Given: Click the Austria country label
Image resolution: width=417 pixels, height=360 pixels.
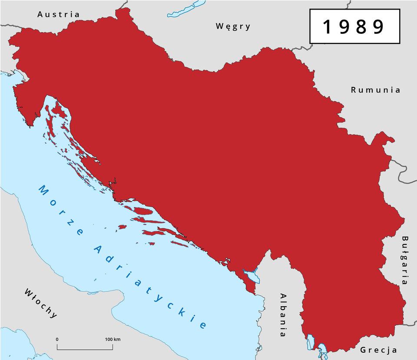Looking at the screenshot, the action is coord(58,14).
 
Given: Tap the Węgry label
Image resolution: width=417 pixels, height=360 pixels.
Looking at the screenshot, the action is coord(233,26).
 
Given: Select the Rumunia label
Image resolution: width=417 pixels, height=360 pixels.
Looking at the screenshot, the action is coord(376,90).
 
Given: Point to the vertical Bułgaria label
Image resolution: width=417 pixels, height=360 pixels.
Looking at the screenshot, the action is coord(405,260).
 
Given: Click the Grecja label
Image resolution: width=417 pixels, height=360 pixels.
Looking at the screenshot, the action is coord(379,350).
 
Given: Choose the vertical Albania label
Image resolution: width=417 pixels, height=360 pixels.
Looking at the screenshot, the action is coord(283,315).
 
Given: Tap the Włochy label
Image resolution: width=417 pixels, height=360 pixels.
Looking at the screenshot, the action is coord(40,303).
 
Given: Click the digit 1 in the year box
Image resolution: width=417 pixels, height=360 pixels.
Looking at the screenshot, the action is coord(326,27).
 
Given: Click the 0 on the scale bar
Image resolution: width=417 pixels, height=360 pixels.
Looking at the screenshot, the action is coord(57,339).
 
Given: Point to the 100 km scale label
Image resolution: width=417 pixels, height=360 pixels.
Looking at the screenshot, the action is coord(113,339).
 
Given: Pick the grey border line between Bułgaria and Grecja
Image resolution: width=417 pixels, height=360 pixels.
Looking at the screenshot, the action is coord(410,323).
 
